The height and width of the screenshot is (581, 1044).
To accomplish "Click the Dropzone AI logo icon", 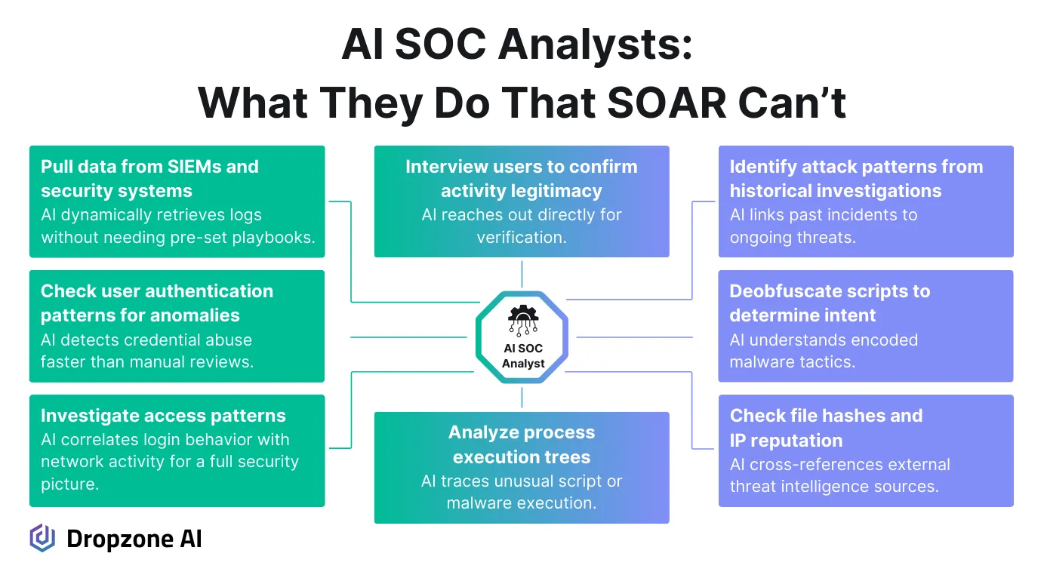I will [42, 538].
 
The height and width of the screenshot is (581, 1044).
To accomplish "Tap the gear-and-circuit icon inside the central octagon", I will [522, 320].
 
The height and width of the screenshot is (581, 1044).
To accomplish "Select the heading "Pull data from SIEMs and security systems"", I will [149, 179].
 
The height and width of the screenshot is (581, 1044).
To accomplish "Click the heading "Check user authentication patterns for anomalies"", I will [157, 303].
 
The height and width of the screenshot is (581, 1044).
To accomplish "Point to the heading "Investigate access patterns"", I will [163, 416].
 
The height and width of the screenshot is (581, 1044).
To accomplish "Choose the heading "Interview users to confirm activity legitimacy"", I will [522, 179].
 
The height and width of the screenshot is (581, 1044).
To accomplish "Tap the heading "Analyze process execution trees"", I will [522, 444].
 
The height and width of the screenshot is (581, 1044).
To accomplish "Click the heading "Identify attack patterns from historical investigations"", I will [856, 179].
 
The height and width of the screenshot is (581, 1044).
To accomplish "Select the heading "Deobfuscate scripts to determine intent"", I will [830, 303].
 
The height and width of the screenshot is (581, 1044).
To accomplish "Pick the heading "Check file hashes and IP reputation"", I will [826, 427].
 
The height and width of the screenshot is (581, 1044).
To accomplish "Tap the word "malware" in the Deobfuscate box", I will [759, 361].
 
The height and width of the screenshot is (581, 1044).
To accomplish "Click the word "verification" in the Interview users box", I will [520, 237].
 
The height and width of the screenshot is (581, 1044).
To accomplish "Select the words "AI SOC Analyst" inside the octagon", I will [522, 356].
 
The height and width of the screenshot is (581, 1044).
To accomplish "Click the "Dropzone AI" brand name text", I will [134, 539].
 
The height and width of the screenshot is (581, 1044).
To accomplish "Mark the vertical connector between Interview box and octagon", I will [522, 274].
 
